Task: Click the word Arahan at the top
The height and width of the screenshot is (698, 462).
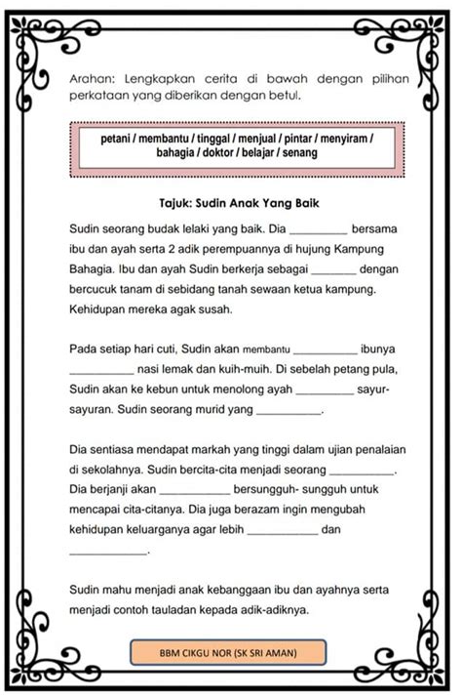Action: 93,77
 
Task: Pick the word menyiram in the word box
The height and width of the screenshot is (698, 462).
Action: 342,141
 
